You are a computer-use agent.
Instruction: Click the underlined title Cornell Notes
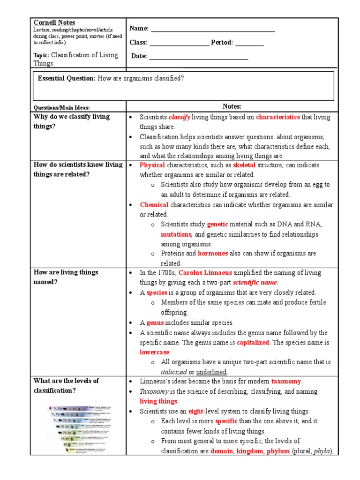tap(54, 22)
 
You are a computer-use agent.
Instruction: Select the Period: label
tap(222, 43)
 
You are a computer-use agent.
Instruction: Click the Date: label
tap(139, 56)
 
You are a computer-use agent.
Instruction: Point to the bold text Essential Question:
tap(67, 78)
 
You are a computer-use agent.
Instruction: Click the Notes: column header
tap(232, 106)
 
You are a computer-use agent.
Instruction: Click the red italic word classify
tap(179, 117)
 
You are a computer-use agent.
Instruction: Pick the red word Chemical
tap(154, 205)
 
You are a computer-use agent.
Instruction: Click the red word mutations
tap(176, 234)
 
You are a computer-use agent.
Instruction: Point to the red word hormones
tap(213, 254)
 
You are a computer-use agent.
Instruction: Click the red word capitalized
tap(253, 343)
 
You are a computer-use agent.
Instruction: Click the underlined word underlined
tap(211, 372)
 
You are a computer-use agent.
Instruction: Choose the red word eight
tap(195, 412)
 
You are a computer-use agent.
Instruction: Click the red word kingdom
tap(250, 451)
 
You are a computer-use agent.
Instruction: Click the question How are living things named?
tap(66, 277)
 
